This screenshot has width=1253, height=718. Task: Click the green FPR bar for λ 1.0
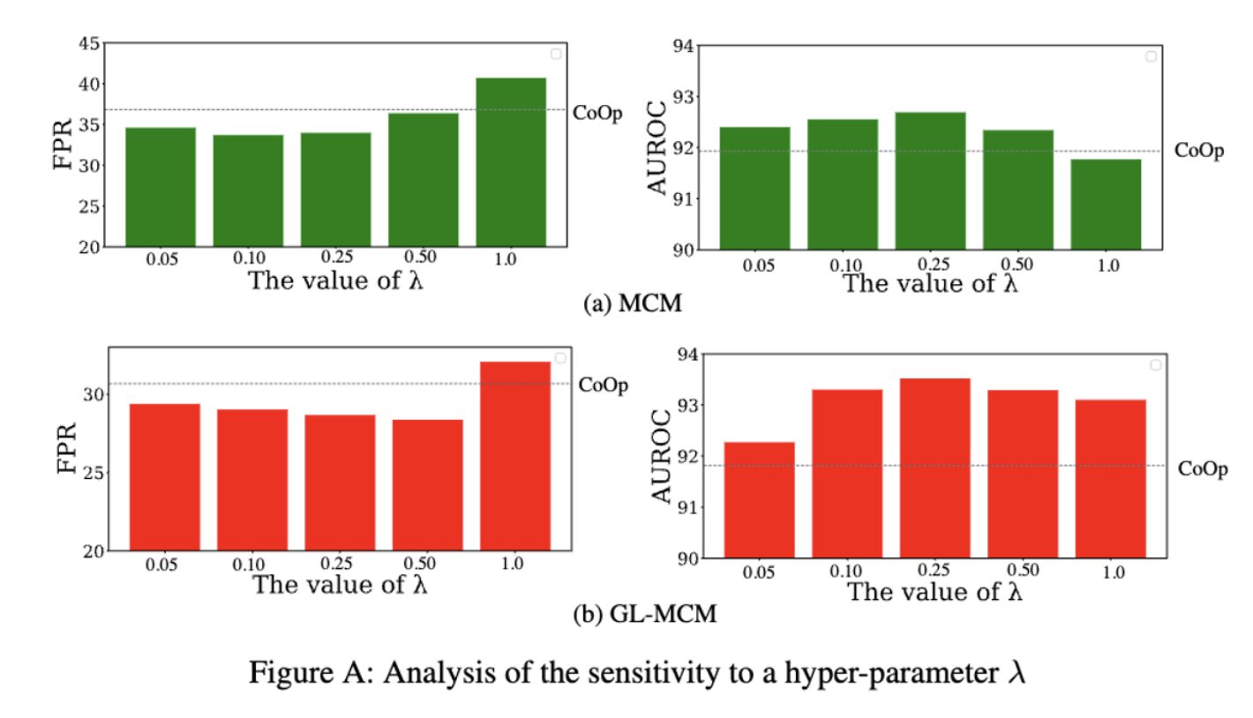click(511, 162)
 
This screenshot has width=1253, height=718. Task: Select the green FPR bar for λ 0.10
click(248, 191)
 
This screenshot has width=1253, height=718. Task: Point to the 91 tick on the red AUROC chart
click(687, 507)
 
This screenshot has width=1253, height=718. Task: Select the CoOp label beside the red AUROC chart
click(1203, 469)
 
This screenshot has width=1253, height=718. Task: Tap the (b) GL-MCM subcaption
click(645, 616)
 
